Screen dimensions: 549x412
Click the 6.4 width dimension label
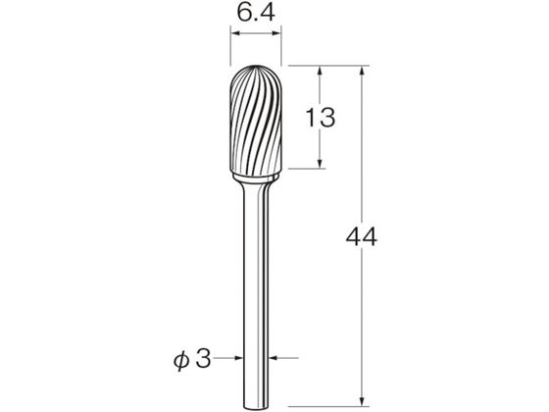256,14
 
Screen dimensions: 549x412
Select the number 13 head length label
321,118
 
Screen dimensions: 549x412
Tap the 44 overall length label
362,236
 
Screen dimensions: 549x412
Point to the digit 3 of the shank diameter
204,358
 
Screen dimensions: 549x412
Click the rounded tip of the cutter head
256,66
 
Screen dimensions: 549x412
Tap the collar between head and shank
256,179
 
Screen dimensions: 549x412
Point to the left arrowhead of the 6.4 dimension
234,33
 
